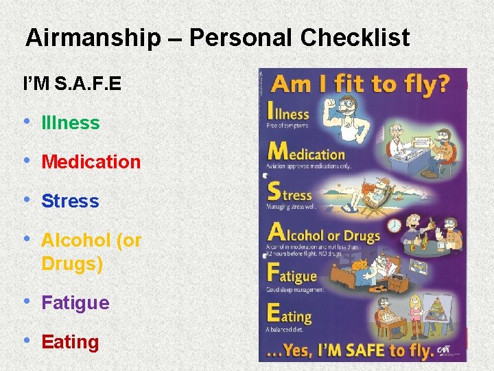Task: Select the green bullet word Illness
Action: click(71, 123)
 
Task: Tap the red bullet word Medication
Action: click(91, 162)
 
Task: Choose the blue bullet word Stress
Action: click(70, 201)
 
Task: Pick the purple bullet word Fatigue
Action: click(75, 303)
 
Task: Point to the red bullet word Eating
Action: click(70, 342)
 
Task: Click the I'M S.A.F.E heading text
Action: click(72, 84)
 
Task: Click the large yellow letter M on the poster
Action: click(279, 151)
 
